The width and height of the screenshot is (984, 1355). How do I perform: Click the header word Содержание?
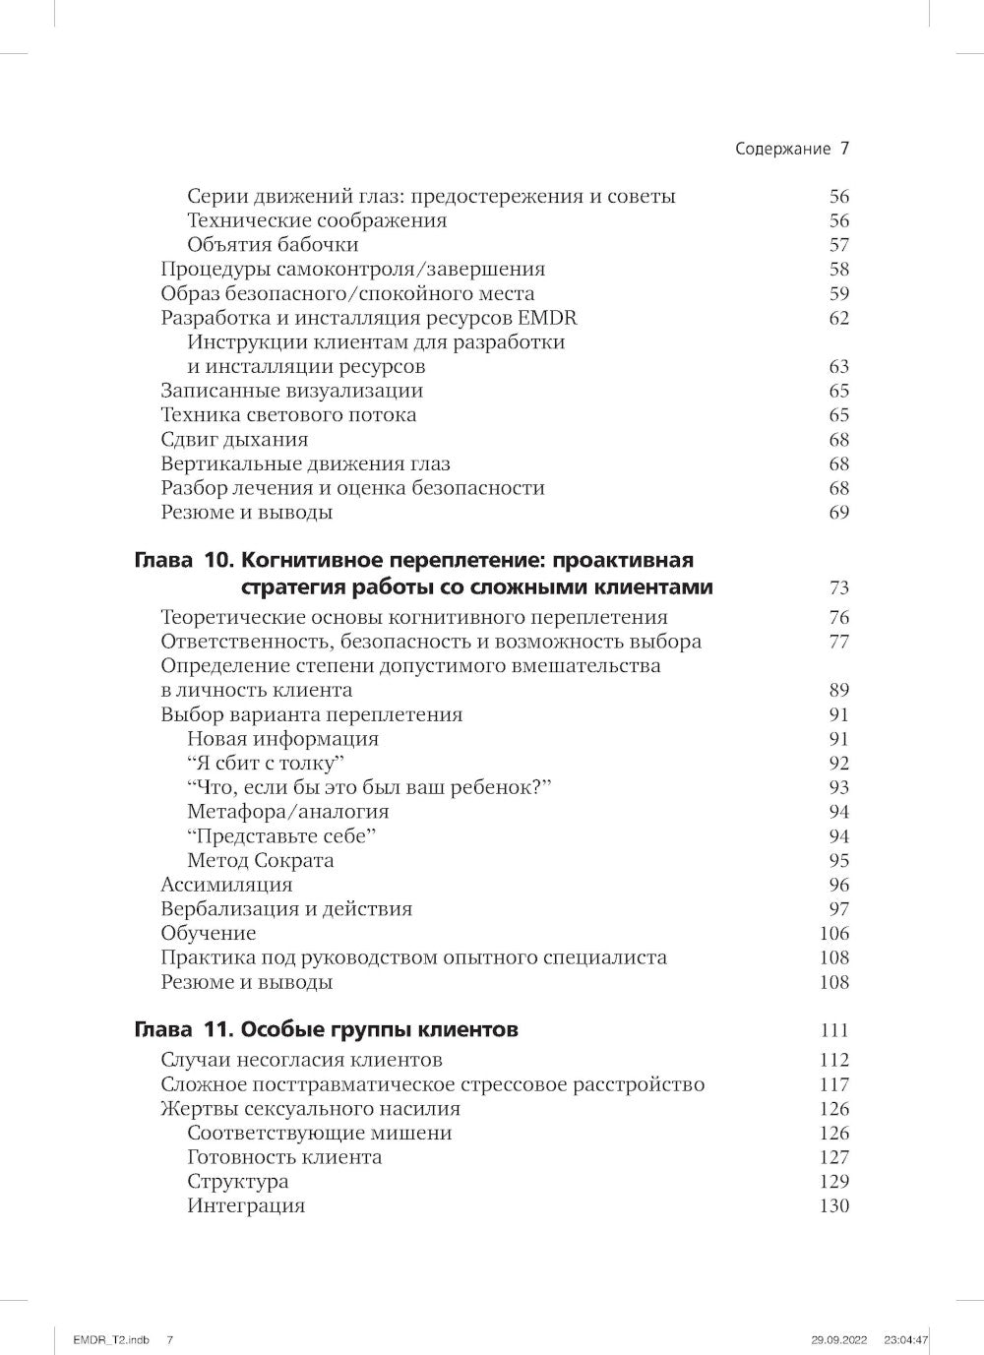tap(783, 150)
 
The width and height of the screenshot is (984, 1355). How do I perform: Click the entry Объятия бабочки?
tap(273, 245)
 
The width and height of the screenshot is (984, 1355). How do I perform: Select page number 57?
tap(838, 245)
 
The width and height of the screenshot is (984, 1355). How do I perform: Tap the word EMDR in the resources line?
tap(553, 318)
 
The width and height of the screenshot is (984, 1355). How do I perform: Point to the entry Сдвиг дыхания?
tap(234, 440)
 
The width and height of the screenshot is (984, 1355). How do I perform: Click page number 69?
tap(838, 513)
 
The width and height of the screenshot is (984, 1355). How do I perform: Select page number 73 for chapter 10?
tap(838, 588)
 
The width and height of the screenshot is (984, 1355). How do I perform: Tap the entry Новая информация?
tap(282, 739)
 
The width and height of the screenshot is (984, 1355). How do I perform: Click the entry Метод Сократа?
tap(260, 861)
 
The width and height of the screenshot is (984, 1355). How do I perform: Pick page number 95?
tap(838, 861)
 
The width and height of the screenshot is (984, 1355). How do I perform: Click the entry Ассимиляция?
tap(226, 885)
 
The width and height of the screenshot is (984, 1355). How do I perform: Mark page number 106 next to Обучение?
tap(834, 934)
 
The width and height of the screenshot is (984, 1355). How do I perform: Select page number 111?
tap(834, 1031)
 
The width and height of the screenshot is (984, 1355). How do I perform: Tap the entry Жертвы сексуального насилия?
tap(310, 1109)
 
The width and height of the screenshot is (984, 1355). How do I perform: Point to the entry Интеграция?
tap(246, 1206)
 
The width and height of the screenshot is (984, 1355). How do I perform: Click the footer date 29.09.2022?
tap(834, 1339)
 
